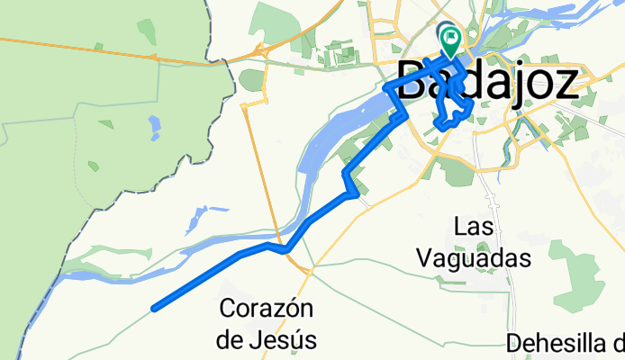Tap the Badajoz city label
pos(487,83)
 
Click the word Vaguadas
pos(473,258)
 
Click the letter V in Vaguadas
pos(424,258)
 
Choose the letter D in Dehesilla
pos(513,344)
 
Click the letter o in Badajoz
pos(534,83)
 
